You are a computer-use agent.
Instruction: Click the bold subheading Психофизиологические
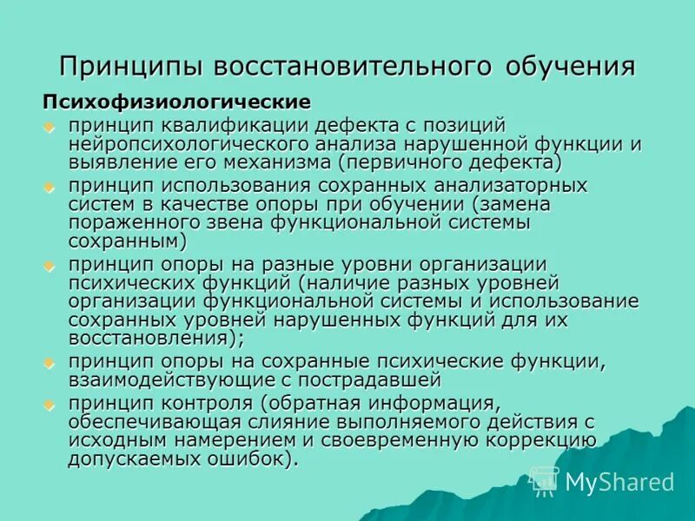(x=177, y=102)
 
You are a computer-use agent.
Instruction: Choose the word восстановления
(x=148, y=337)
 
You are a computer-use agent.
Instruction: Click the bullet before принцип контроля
(x=50, y=405)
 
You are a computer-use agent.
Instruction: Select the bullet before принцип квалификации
(x=50, y=126)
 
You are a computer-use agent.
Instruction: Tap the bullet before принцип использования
(x=50, y=187)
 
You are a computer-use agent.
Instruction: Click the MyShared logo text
(x=619, y=482)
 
